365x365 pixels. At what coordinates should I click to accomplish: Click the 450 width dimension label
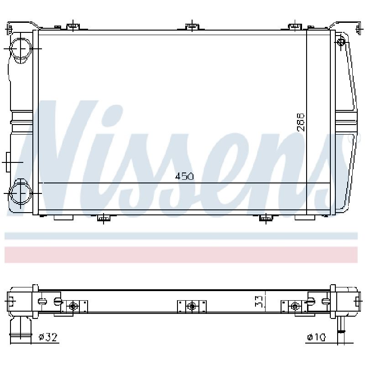pos(184,176)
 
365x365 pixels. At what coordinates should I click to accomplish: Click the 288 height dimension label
pos(300,122)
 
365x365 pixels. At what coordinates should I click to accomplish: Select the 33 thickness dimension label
pos(259,301)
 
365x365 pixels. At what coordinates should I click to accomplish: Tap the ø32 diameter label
pos(48,337)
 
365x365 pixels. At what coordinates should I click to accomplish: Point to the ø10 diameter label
pos(316,337)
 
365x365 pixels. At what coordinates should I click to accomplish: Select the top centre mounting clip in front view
pos(192,26)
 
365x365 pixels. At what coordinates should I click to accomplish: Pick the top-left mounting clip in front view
pos(73,26)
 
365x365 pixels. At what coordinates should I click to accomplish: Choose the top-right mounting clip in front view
pos(295,26)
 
